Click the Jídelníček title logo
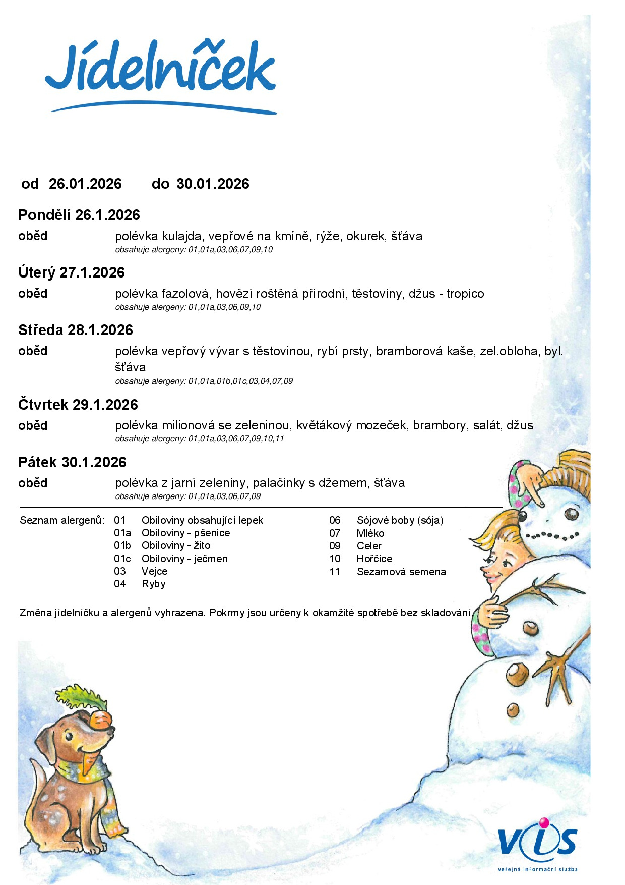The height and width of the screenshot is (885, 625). pos(160,71)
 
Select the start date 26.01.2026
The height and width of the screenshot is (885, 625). pos(85,184)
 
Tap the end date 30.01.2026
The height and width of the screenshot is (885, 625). pos(213,184)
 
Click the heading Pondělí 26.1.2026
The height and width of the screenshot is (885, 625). pos(79,215)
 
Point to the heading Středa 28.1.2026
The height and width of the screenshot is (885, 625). pos(76,330)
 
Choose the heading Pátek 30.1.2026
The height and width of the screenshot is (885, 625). pos(72,462)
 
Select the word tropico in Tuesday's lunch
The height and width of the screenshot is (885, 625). pos(465,294)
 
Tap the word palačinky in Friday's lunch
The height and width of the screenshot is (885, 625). pos(279,483)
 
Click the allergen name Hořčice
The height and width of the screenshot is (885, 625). pos(374,559)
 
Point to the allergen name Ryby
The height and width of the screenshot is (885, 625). pos(153,584)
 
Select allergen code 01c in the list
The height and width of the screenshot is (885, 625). pos(122,559)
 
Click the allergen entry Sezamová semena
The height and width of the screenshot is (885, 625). pos(401,572)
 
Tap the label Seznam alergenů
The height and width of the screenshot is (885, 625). pos(62,520)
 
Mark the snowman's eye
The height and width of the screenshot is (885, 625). pos(571,514)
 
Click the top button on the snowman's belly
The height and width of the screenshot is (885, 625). pos(530,629)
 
